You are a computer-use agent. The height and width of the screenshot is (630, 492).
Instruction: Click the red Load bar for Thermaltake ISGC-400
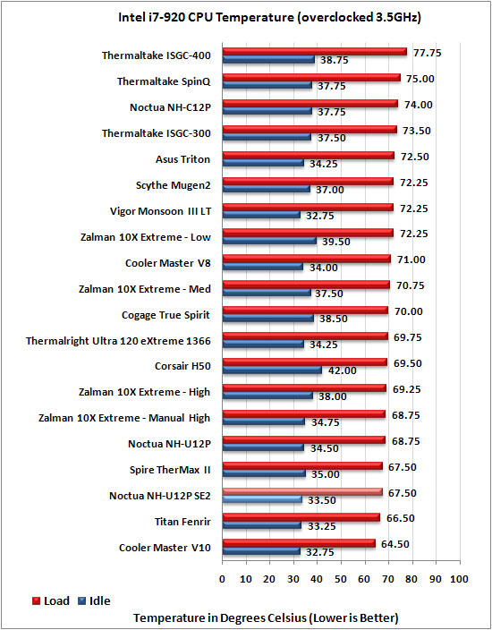click(315, 52)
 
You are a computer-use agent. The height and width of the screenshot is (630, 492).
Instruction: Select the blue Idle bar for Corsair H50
click(272, 370)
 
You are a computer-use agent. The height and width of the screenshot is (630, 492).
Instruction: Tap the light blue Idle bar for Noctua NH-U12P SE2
click(262, 500)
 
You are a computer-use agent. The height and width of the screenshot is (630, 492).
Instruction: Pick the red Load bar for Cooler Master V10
click(299, 543)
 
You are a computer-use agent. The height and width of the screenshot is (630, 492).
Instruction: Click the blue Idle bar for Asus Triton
click(263, 164)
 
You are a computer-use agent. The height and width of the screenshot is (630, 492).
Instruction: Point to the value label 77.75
click(428, 53)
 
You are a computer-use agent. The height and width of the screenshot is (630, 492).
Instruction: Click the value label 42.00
click(343, 370)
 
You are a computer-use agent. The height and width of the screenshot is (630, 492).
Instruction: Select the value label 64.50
click(395, 544)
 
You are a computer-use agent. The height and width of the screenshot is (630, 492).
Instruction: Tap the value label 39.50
click(336, 242)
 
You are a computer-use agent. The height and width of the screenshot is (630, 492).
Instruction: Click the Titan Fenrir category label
click(182, 522)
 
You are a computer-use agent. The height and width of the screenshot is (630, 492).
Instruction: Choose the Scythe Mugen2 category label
click(174, 185)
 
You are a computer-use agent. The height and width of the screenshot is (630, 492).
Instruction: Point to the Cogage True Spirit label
click(165, 315)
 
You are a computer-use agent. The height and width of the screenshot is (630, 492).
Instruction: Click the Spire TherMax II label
click(170, 470)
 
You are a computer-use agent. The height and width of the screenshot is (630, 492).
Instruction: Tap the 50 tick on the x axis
click(341, 579)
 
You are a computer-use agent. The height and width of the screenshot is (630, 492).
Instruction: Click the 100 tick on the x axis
click(460, 579)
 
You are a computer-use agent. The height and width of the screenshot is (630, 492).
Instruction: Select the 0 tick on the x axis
click(223, 579)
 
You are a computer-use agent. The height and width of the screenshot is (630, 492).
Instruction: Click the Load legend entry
click(51, 601)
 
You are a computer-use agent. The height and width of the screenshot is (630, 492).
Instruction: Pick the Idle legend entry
click(95, 601)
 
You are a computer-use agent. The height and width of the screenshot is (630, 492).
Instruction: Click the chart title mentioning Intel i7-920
click(269, 18)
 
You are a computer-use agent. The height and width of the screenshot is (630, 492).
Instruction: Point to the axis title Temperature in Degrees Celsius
click(266, 617)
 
